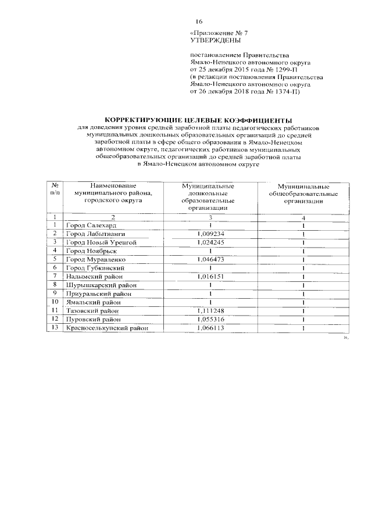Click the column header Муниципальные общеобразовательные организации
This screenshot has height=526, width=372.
click(303, 192)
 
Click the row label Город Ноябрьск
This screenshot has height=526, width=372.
click(92, 251)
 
